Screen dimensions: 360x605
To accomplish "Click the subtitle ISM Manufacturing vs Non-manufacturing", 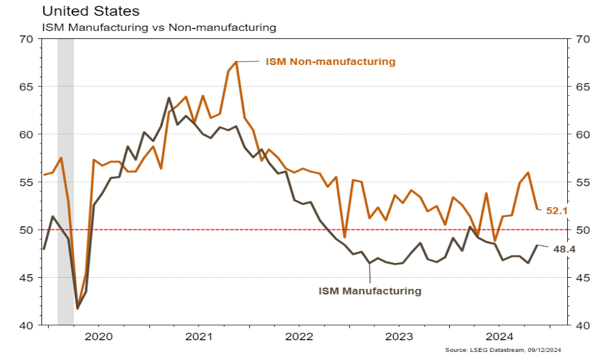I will coord(158,27).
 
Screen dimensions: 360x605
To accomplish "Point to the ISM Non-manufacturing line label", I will coord(330,62).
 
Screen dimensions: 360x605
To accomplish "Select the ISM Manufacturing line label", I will coord(369,290).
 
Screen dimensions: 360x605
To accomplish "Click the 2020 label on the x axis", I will coord(98,336).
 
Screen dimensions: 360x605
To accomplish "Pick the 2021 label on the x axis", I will coord(199,336).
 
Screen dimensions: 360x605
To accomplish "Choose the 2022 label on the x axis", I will coord(299,336).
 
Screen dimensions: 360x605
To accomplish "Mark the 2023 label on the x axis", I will coord(400,336).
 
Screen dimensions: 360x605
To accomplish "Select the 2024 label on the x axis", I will coord(500,336).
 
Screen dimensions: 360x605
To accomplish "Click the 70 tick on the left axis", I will coord(26,39).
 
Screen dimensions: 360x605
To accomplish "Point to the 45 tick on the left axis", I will coord(26,278).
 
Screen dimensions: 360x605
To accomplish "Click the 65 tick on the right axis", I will coord(582,87).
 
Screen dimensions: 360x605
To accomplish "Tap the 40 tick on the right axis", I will coord(582,325).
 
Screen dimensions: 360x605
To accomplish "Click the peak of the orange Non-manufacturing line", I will coord(236,62).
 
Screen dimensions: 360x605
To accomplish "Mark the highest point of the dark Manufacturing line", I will coord(169,98).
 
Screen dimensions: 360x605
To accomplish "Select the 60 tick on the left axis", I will coord(26,134).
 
